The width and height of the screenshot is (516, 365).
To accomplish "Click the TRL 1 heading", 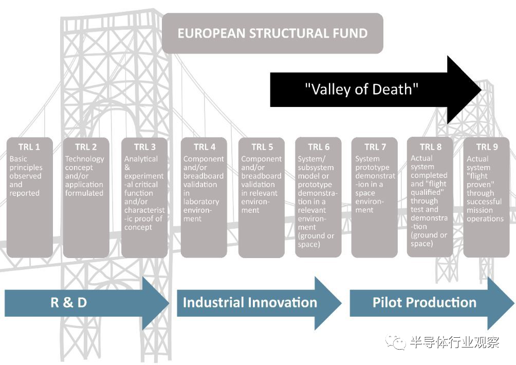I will click(29, 148).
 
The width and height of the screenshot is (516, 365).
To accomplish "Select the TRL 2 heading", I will click(86, 148).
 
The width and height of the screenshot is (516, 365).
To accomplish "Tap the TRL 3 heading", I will click(144, 148).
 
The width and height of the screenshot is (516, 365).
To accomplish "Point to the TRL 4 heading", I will click(204, 148).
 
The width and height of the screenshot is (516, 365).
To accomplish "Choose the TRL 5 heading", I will click(262, 148).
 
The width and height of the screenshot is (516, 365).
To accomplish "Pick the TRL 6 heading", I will click(319, 148).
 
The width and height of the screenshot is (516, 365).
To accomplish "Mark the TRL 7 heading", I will click(375, 148).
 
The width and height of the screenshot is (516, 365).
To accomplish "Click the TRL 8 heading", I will click(430, 147).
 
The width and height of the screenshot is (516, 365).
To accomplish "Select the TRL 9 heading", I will click(487, 148).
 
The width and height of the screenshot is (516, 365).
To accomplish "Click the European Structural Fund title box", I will click(272, 34).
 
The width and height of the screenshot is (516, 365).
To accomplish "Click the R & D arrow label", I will click(69, 302).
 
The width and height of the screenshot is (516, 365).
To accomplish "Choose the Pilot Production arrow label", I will click(425, 302).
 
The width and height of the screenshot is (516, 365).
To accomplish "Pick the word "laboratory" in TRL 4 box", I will click(201, 202).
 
